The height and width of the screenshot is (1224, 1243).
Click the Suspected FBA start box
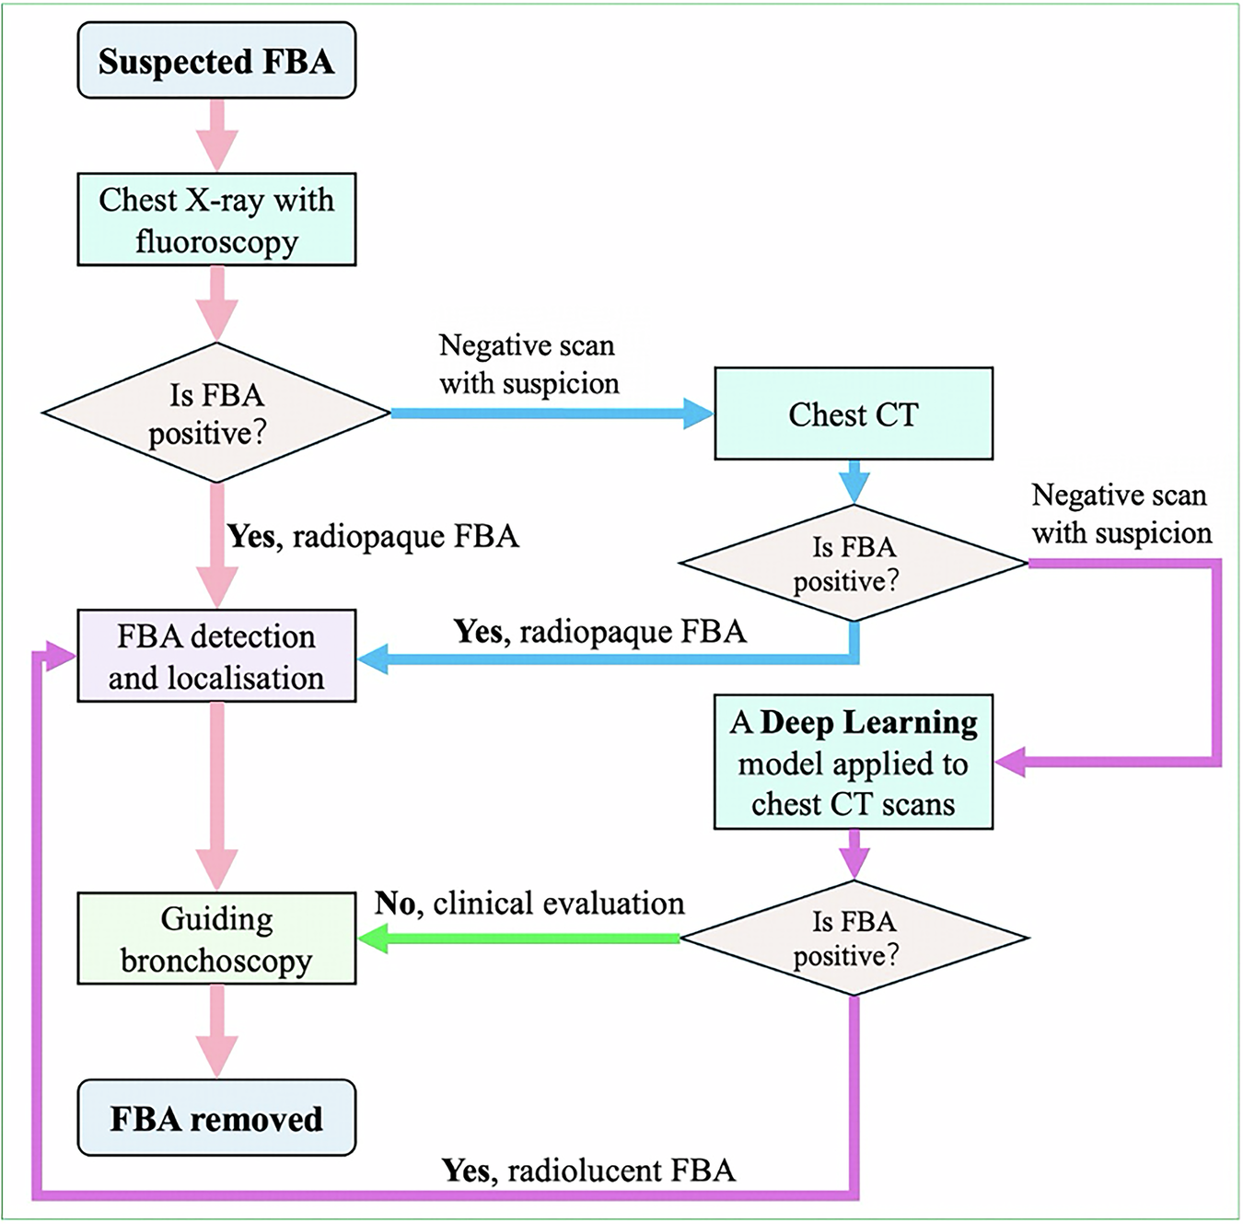pos(216,61)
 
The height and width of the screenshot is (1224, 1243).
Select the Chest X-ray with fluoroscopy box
pos(216,220)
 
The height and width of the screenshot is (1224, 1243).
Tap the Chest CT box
pos(854,414)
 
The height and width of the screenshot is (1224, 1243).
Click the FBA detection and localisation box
pos(216,656)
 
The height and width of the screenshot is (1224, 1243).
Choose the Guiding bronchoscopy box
pos(216,938)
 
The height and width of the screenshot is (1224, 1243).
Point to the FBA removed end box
pos(216,1118)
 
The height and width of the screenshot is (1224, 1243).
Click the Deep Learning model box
pos(854,763)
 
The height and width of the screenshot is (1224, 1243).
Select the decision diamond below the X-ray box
pos(216,413)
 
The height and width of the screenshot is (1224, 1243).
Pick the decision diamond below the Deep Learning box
pos(854,938)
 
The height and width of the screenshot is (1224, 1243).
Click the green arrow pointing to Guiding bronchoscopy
pos(516,938)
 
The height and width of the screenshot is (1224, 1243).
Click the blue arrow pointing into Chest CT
pos(552,414)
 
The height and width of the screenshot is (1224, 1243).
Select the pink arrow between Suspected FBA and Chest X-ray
pos(216,134)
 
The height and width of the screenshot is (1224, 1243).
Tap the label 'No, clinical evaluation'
pos(529,903)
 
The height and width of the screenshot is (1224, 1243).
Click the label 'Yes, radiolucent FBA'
pos(589,1171)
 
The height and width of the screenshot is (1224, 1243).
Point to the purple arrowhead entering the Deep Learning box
pos(1011,762)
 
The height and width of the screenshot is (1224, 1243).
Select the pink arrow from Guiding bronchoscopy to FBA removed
pos(216,1030)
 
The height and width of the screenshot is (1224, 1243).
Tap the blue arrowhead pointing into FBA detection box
pos(372,659)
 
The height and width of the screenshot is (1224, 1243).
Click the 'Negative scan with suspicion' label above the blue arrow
pos(529,364)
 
